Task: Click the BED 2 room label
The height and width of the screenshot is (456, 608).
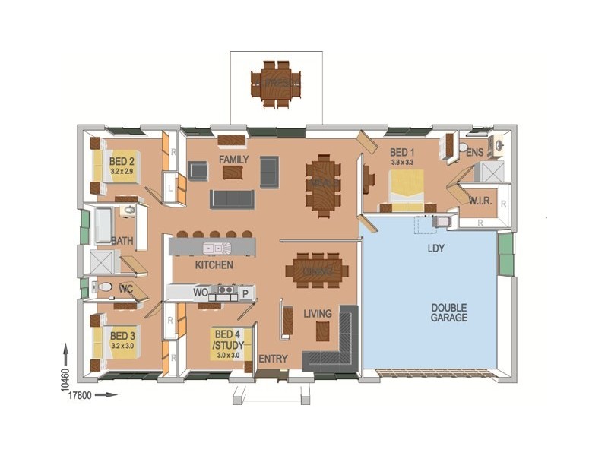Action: coord(122,161)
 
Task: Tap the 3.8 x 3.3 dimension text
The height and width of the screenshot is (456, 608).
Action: coord(402,162)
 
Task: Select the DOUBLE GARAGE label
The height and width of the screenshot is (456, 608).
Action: coord(449,312)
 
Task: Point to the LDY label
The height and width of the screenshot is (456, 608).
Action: coord(436,249)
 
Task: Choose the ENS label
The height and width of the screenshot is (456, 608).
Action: coord(475,152)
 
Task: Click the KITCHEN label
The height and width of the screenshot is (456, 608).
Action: coord(214,265)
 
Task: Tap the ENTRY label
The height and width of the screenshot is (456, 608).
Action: coord(272,359)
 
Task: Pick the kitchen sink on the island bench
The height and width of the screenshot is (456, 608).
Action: coord(214,248)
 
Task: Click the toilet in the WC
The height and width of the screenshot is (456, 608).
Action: coord(105,287)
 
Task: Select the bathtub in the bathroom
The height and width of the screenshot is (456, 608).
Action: coord(103,225)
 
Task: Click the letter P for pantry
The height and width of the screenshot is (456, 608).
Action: coord(245,292)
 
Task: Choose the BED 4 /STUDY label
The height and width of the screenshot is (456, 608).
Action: coord(228,339)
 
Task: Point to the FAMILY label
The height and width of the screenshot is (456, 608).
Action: coord(234,160)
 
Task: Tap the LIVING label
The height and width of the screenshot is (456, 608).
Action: coord(318,313)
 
